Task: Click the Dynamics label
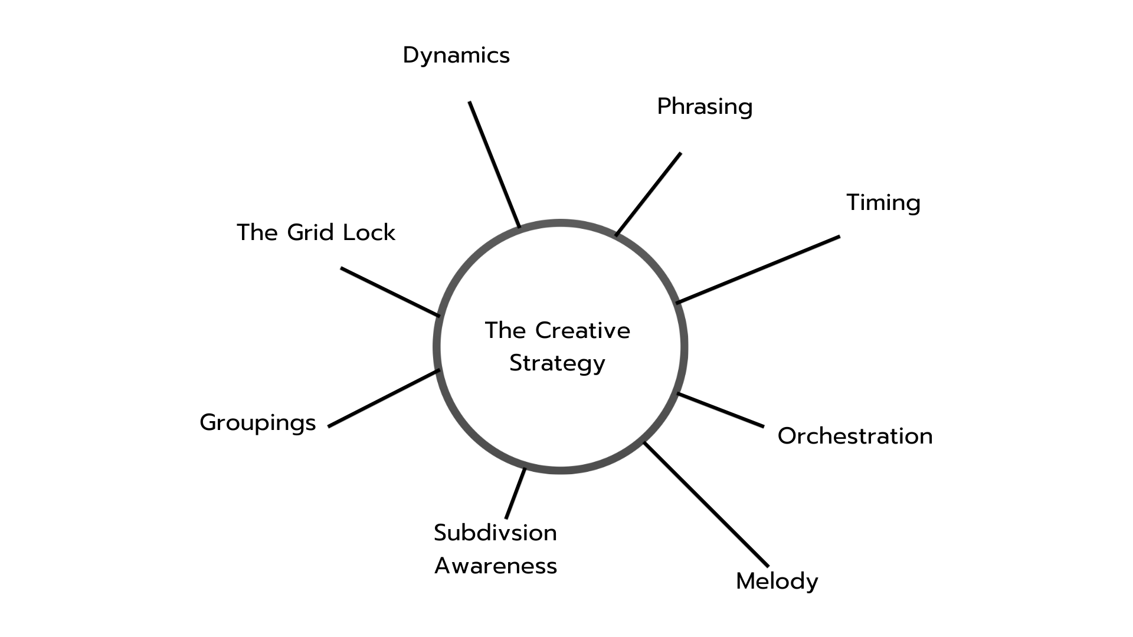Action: pyautogui.click(x=456, y=55)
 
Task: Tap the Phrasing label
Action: pyautogui.click(x=705, y=107)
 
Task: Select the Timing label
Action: pyautogui.click(x=883, y=202)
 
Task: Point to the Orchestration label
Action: pyautogui.click(x=855, y=436)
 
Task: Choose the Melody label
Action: pyautogui.click(x=777, y=581)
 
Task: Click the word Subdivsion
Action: pyautogui.click(x=495, y=533)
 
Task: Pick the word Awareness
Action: pyautogui.click(x=496, y=566)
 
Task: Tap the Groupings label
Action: pyautogui.click(x=258, y=423)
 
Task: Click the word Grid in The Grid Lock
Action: pyautogui.click(x=311, y=232)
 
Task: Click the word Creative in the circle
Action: pyautogui.click(x=582, y=330)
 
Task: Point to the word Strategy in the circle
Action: pyautogui.click(x=557, y=363)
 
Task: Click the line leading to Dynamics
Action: pyautogui.click(x=495, y=165)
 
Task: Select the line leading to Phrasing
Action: pyautogui.click(x=648, y=195)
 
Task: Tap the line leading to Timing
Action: pyautogui.click(x=758, y=270)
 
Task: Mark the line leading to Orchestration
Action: pyautogui.click(x=721, y=410)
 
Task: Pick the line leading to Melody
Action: pyautogui.click(x=706, y=504)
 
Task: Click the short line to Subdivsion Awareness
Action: pyautogui.click(x=515, y=493)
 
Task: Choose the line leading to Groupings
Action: pyautogui.click(x=384, y=398)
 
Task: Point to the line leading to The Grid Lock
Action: pyautogui.click(x=390, y=292)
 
